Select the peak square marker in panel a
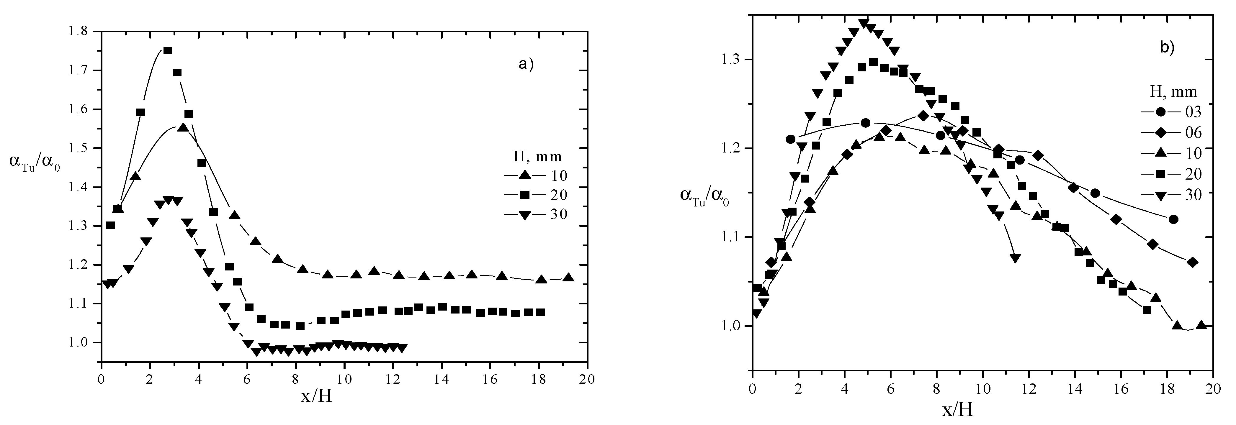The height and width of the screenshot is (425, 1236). [x=168, y=50]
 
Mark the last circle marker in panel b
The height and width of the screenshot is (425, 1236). [x=1174, y=219]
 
